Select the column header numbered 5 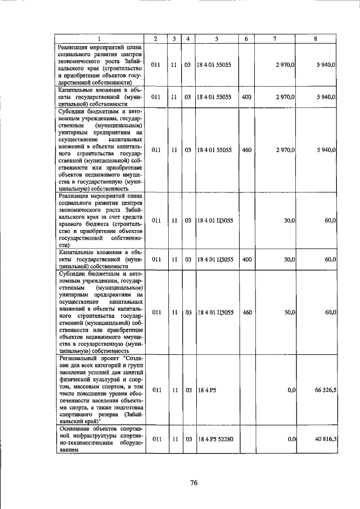(x=216, y=39)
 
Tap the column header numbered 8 (x=316, y=39)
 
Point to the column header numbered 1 (x=99, y=39)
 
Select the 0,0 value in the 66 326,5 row (x=291, y=389)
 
